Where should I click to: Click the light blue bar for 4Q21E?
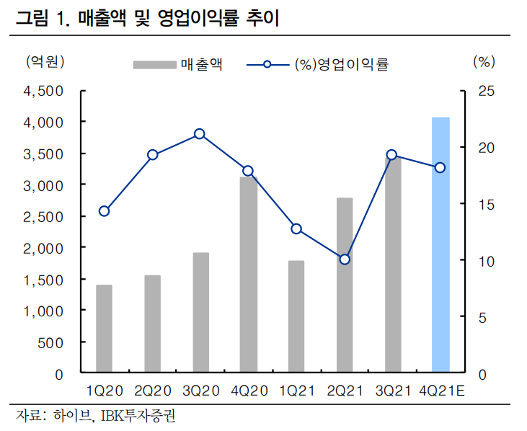440,245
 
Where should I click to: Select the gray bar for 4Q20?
249,275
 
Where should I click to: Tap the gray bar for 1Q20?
105,329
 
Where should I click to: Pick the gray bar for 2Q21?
345,285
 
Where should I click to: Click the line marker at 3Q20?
200,134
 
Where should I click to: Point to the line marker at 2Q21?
345,259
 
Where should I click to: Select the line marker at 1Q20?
105,211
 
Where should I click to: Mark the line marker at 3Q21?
391,155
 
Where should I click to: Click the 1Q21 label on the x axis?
296,391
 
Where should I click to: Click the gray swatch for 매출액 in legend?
154,65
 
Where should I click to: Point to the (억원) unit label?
45,62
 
